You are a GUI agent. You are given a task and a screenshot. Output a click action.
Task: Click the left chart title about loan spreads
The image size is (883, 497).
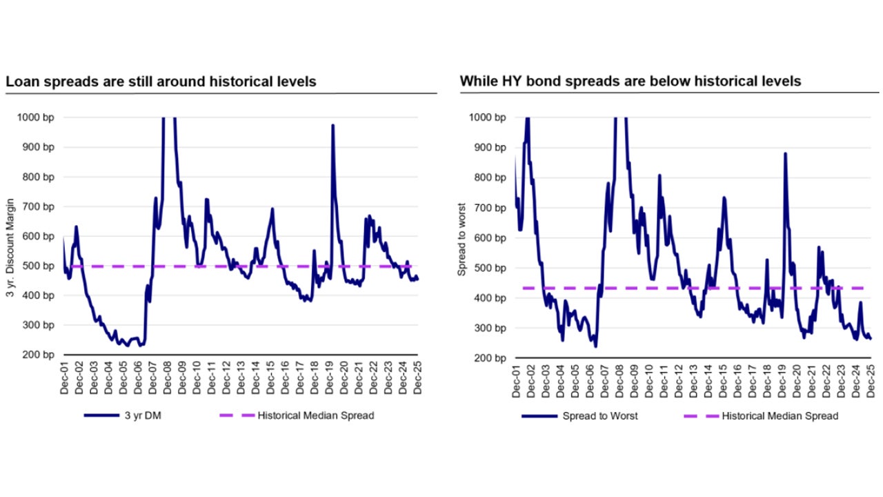tap(161, 81)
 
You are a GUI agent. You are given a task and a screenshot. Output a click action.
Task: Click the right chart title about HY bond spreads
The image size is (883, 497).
tap(631, 81)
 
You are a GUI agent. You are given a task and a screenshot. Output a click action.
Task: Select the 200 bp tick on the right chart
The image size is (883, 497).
tap(490, 358)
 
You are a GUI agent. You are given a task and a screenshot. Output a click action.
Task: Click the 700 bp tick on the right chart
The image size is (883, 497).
tap(490, 208)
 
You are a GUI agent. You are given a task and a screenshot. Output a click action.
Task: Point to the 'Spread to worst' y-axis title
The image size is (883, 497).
tap(462, 239)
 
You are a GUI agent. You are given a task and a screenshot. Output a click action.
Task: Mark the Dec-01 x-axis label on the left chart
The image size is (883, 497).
tap(64, 380)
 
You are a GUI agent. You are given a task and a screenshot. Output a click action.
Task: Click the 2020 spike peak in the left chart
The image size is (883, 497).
tap(333, 126)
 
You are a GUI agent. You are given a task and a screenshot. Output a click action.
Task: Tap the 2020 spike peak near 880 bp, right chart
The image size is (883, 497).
tap(785, 153)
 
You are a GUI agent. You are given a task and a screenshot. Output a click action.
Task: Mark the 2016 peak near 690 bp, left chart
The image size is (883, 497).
tap(272, 208)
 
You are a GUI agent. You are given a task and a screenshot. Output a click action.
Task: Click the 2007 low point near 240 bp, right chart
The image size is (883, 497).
tap(595, 347)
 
